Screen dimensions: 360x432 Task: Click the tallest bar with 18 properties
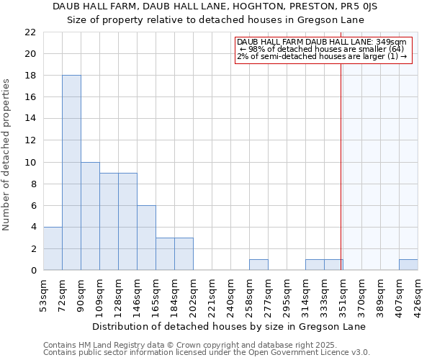click(71, 173)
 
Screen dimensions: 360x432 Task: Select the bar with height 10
click(90, 216)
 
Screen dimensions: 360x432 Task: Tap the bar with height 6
click(146, 238)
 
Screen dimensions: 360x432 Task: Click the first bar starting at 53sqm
click(53, 248)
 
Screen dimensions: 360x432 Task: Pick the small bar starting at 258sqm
click(258, 265)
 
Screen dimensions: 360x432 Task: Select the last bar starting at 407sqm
click(408, 265)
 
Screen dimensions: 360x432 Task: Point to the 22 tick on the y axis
click(30, 32)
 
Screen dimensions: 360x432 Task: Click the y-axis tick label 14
click(30, 119)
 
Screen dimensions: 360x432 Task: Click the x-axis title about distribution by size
click(230, 326)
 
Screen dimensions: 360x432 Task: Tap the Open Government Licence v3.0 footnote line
click(207, 352)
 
